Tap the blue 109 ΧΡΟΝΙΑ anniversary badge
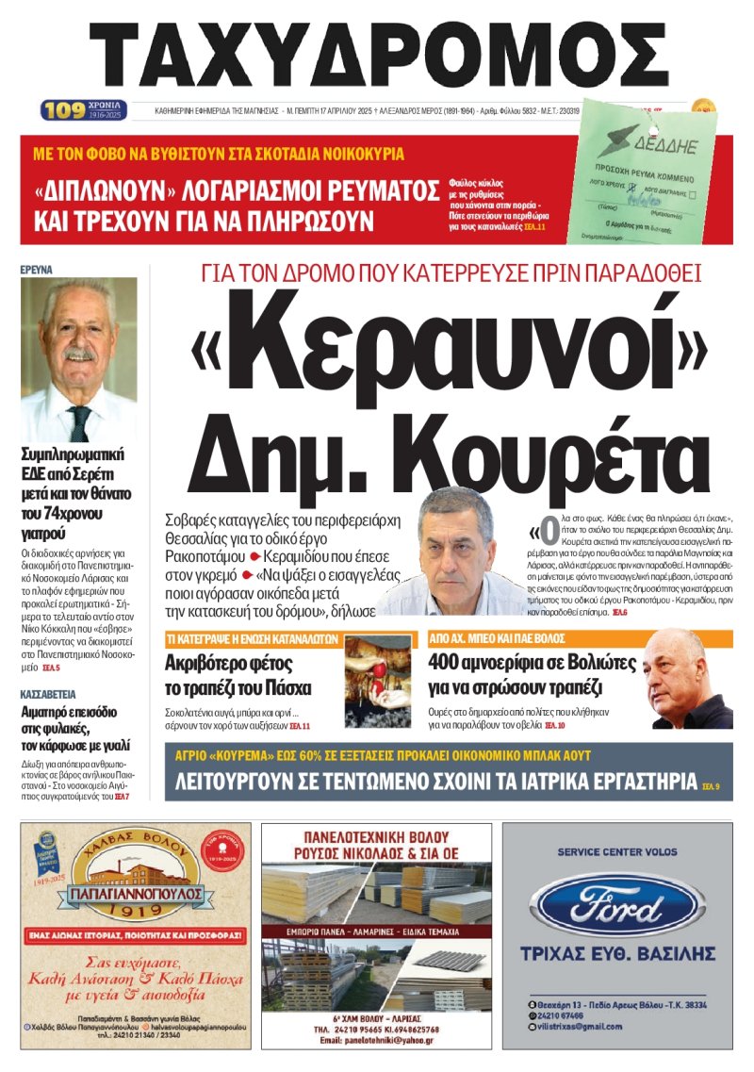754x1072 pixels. pos(83,110)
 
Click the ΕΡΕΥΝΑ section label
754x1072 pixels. pos(37,270)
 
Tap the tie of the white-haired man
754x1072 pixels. pos(79,423)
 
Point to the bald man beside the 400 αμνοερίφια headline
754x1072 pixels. pos(685,680)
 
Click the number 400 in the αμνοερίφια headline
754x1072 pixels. pos(450,663)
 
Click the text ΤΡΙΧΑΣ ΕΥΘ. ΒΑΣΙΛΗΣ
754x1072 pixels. pos(616,954)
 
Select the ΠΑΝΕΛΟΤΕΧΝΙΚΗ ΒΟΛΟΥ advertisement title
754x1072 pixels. pos(376,836)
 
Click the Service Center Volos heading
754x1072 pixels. pos(616,851)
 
